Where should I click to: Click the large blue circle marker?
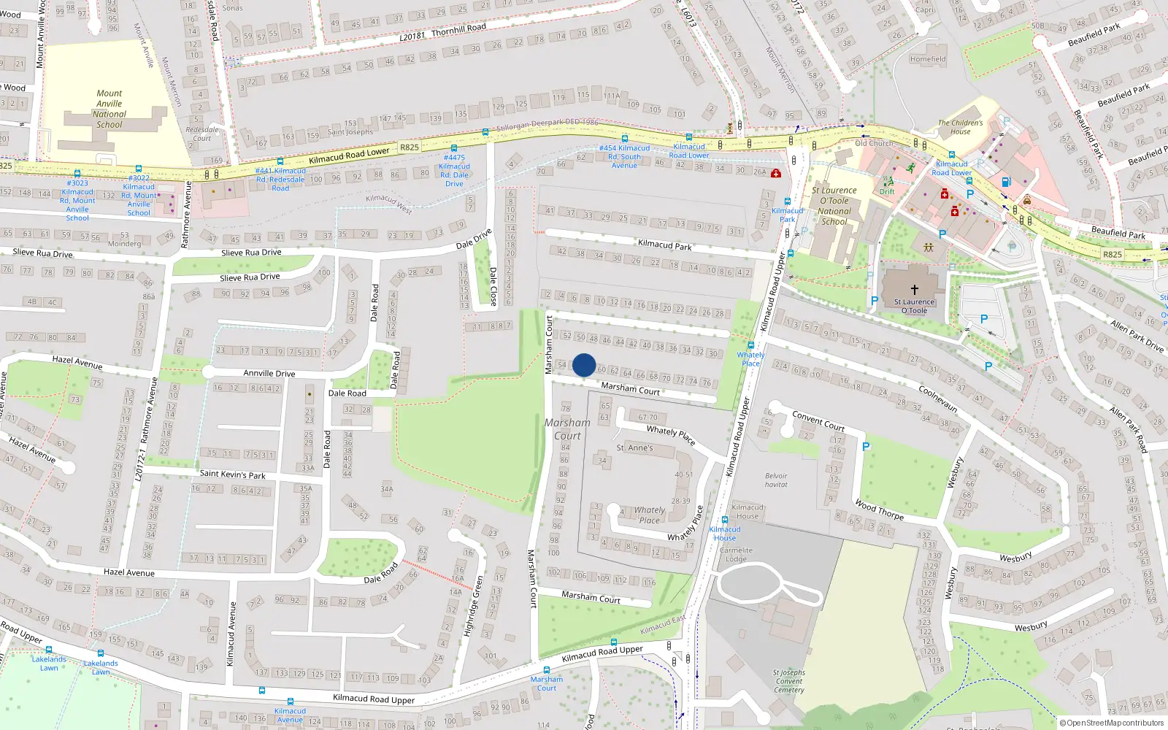[584, 365]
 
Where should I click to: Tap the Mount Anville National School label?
[109, 109]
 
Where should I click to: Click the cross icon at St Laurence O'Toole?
[914, 290]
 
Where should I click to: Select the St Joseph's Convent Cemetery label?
[789, 681]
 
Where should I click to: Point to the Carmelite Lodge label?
[736, 555]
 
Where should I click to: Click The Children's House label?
[960, 127]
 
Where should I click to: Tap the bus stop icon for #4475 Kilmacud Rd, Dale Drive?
[453, 148]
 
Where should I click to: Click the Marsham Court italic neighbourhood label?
[567, 429]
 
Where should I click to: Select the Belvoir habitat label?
[776, 480]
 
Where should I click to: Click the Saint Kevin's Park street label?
[233, 474]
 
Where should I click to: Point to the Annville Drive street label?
[269, 373]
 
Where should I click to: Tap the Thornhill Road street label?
[458, 29]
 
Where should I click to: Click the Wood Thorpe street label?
[879, 510]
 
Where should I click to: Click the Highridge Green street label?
[474, 605]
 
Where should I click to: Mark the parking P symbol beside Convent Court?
[866, 446]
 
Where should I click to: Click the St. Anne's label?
[634, 447]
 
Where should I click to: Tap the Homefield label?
[928, 59]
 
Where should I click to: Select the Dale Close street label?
[493, 286]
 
